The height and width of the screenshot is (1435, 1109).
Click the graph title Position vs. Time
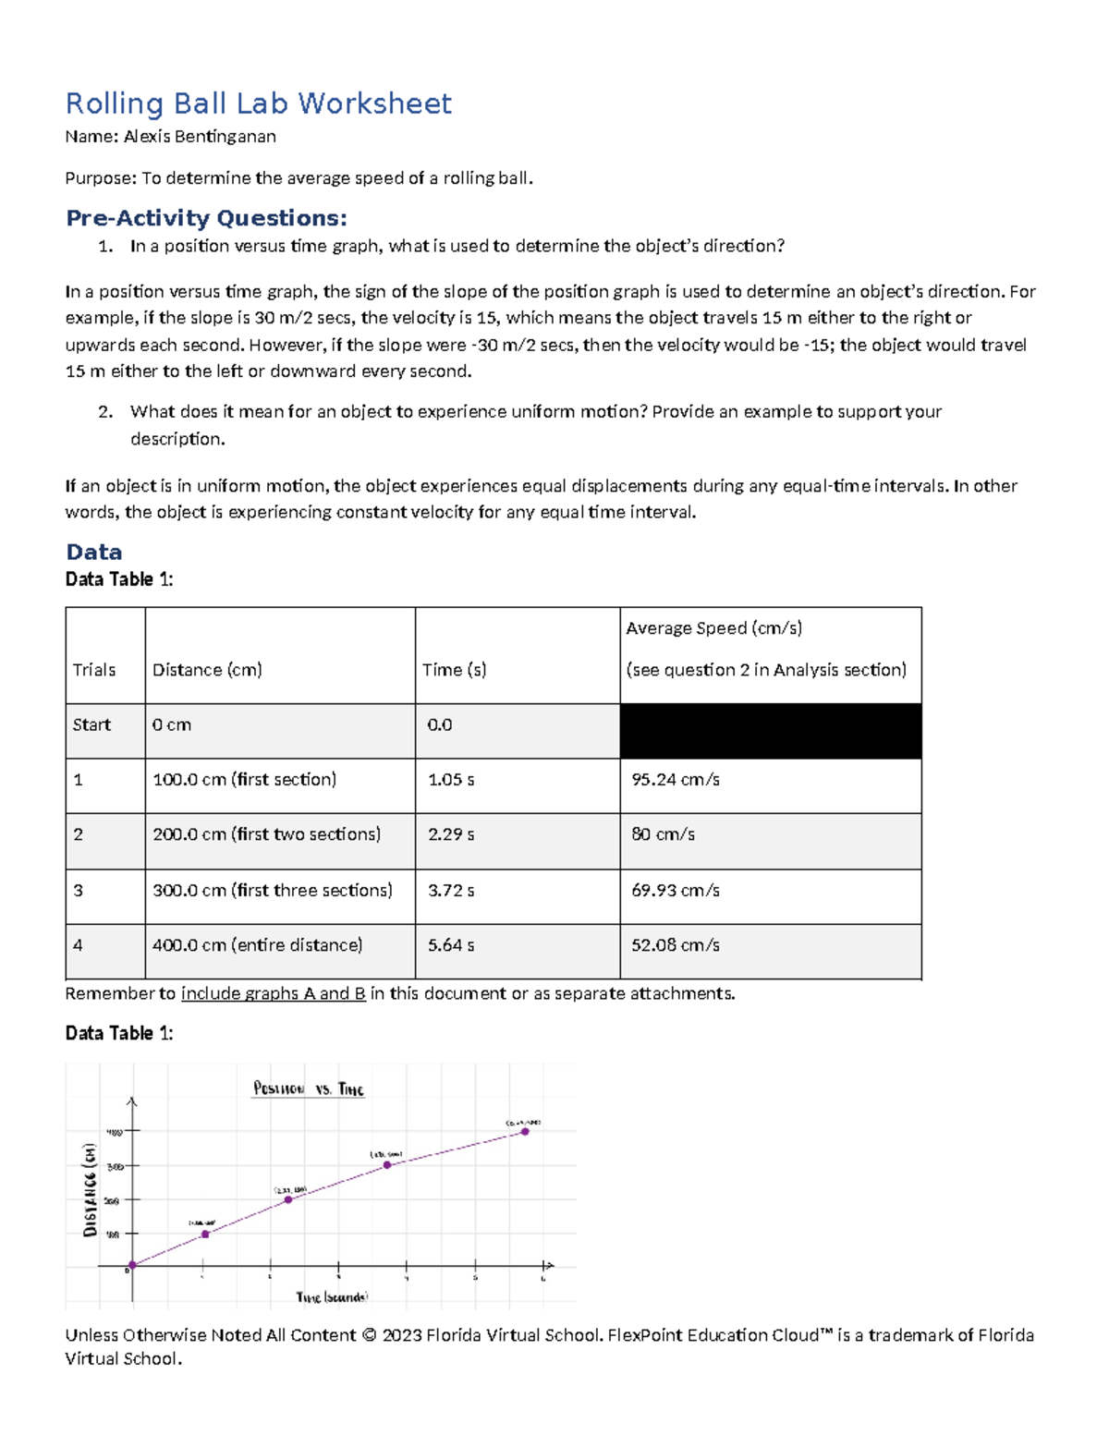(x=309, y=1088)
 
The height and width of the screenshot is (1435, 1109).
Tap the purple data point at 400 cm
(x=525, y=1131)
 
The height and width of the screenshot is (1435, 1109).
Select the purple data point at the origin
(x=132, y=1265)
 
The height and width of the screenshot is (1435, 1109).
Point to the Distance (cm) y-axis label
(x=90, y=1190)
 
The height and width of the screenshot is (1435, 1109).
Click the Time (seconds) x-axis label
(x=332, y=1297)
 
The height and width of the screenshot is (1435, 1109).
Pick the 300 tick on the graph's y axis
(x=115, y=1166)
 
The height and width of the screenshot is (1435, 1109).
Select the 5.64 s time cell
(x=451, y=945)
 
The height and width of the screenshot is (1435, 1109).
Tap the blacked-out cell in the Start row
(x=770, y=731)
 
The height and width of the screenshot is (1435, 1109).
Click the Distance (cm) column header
(x=207, y=670)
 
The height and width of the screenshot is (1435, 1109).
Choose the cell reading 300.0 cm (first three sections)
(x=272, y=890)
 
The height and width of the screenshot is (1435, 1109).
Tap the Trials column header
(x=94, y=670)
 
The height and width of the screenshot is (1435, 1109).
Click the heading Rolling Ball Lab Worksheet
(x=258, y=103)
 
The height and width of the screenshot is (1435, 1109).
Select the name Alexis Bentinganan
(x=200, y=137)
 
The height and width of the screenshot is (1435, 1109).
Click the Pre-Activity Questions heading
(x=206, y=218)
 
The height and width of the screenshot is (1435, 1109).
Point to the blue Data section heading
(x=93, y=552)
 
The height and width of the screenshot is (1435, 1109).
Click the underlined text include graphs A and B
(x=273, y=993)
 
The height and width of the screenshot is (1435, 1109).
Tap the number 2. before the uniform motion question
(x=105, y=412)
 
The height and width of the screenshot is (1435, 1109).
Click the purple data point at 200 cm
(x=288, y=1199)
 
